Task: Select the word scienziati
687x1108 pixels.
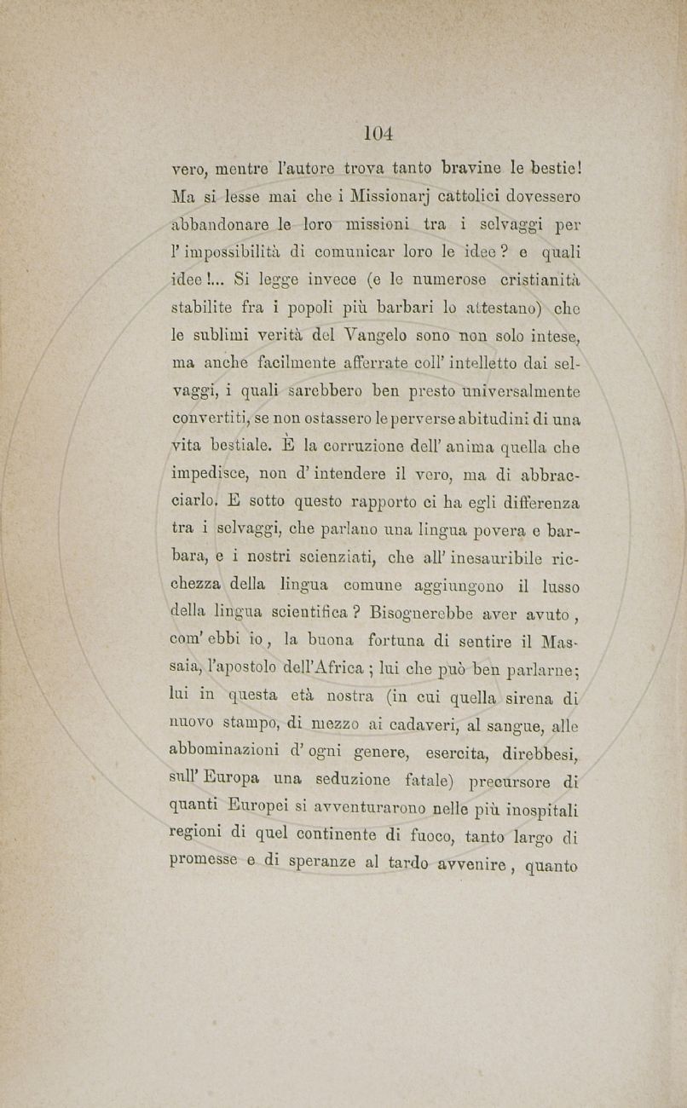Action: (x=342, y=558)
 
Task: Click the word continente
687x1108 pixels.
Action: (x=340, y=835)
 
